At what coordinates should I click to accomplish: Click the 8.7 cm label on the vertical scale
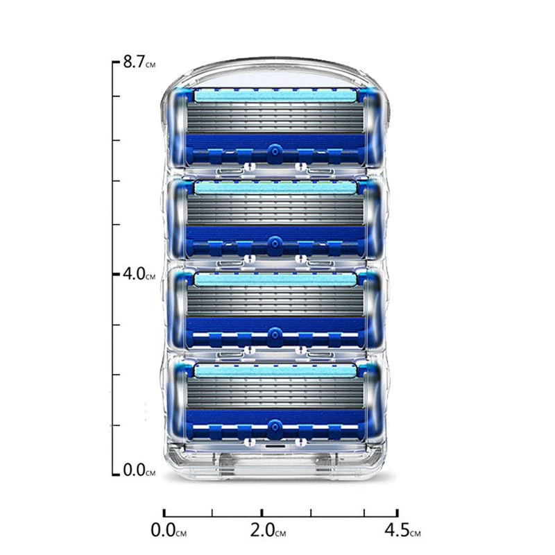tap(139, 62)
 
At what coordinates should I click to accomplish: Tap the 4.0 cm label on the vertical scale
tap(139, 273)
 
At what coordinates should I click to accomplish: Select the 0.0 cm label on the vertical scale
tap(139, 470)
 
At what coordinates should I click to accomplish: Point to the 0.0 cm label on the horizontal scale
tap(169, 530)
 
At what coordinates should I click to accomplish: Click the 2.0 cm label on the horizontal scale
tap(268, 530)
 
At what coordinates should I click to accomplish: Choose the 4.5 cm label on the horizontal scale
tap(403, 530)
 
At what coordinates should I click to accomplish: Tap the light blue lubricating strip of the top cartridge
tap(275, 96)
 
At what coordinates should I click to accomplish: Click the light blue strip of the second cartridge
tap(275, 187)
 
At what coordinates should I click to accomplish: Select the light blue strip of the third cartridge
tap(275, 280)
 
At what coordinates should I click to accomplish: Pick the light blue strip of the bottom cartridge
tap(275, 371)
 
